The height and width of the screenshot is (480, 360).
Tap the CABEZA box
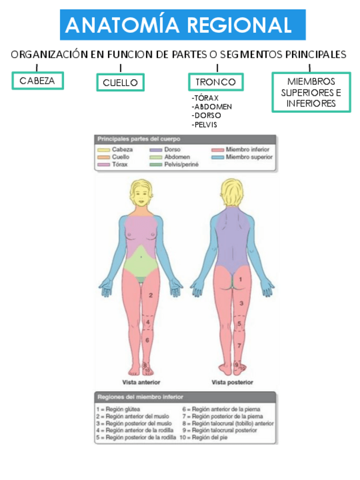point(37,80)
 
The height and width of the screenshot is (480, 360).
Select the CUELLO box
point(120,83)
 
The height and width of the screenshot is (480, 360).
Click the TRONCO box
point(216,82)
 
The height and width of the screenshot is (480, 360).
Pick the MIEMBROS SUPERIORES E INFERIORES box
point(310,92)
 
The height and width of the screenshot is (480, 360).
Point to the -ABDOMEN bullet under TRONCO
point(212,106)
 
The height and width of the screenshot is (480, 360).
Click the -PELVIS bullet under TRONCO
point(204,125)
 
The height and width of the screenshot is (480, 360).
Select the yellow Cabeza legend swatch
point(103,149)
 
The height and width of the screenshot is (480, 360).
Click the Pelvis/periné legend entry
point(175,164)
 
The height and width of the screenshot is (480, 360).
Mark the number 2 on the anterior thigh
point(151,295)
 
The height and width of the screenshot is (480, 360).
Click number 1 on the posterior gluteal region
point(240,279)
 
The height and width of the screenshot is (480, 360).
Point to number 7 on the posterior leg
point(239,345)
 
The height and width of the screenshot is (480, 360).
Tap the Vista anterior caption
point(141,382)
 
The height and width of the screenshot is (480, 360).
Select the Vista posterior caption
point(232,382)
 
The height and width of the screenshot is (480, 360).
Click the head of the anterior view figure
point(142,192)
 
